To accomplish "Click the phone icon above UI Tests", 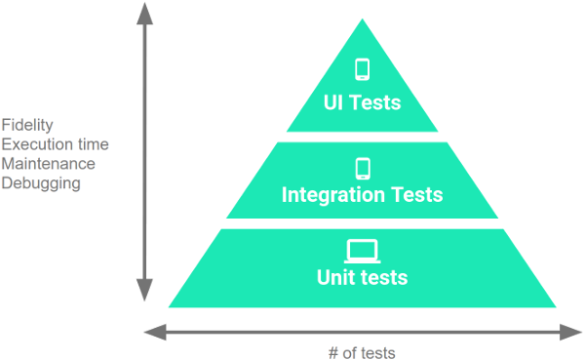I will [x=362, y=69].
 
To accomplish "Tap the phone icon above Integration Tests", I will [x=363, y=168].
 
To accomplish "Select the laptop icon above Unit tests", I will [x=362, y=251].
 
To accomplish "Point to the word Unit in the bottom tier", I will [x=333, y=278].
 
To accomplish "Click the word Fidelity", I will [x=27, y=125].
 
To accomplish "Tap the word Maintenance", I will [x=49, y=163].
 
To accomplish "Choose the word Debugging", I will [x=39, y=182].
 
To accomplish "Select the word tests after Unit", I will [x=381, y=278].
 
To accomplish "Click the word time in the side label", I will [x=92, y=144].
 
